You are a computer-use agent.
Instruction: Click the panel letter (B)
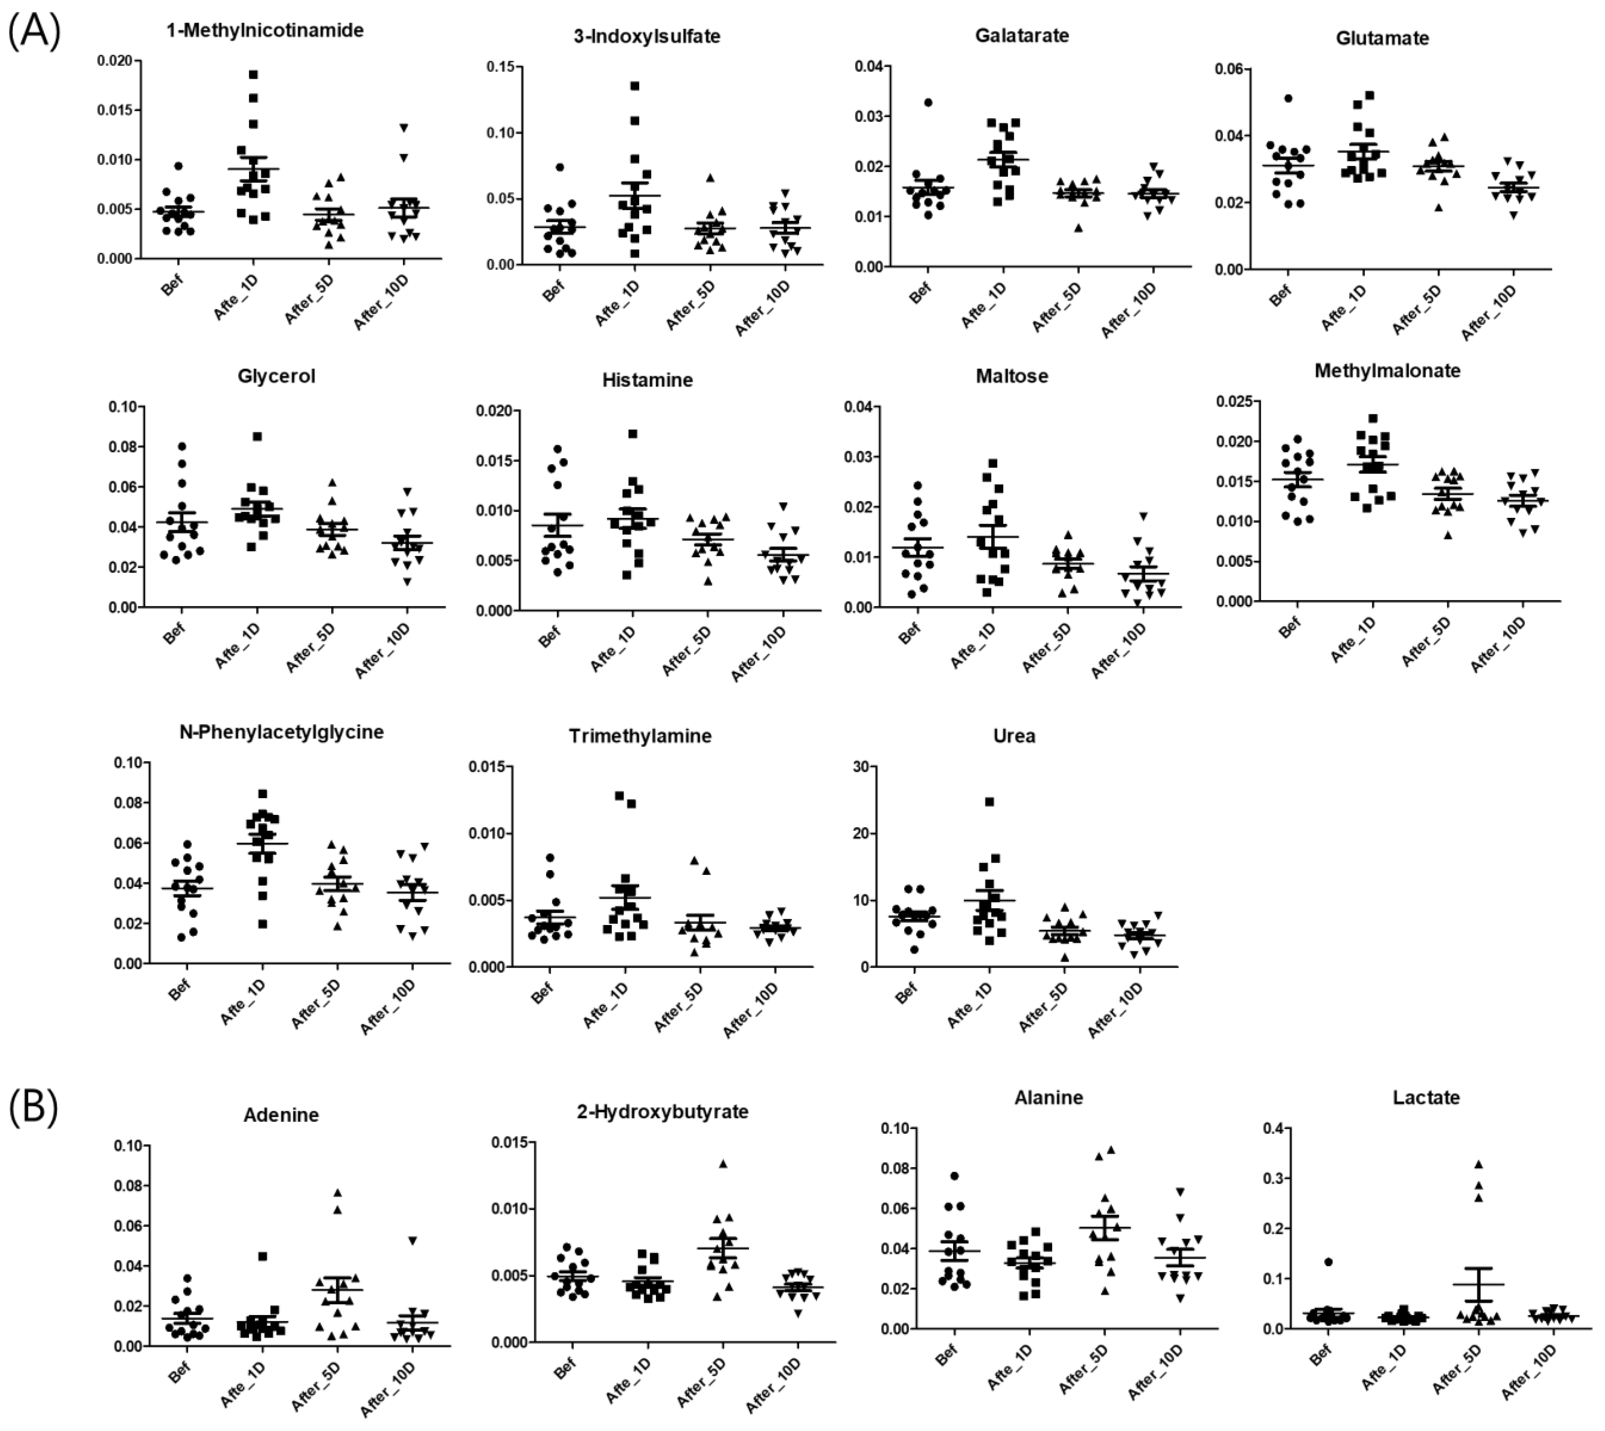[x=33, y=1107]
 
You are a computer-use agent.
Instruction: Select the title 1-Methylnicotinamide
[x=265, y=31]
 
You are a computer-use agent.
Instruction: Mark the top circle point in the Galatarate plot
[x=928, y=102]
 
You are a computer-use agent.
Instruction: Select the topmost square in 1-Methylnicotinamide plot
[x=253, y=75]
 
